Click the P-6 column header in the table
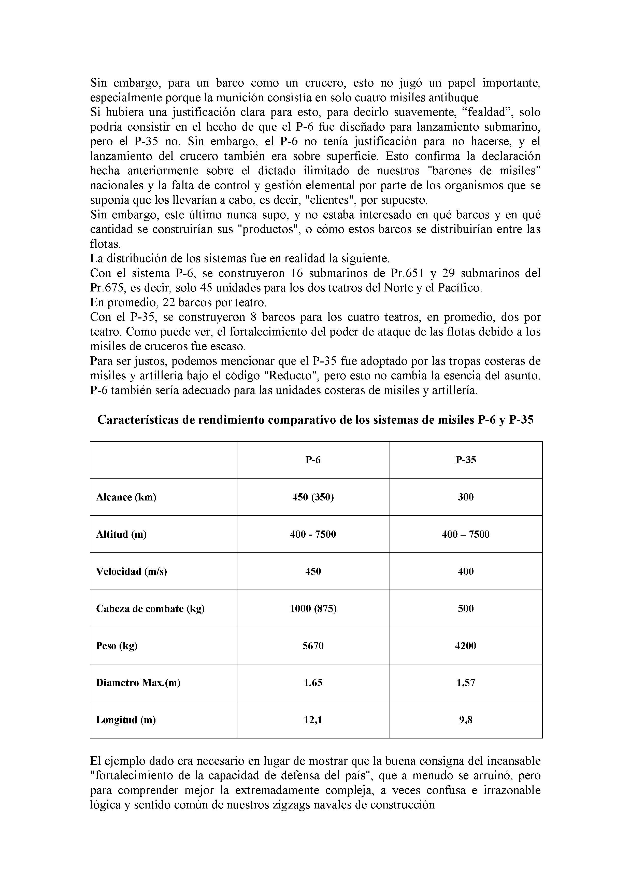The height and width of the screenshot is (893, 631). (313, 460)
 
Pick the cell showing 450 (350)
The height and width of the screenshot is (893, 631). (313, 497)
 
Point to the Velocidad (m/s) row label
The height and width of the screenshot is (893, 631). (131, 571)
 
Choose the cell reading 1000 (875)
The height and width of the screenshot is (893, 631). (313, 609)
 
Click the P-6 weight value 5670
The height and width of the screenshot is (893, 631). (313, 646)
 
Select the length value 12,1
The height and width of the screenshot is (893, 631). (313, 720)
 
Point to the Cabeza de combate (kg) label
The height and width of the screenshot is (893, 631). (150, 609)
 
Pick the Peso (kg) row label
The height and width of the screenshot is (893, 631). (117, 646)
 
